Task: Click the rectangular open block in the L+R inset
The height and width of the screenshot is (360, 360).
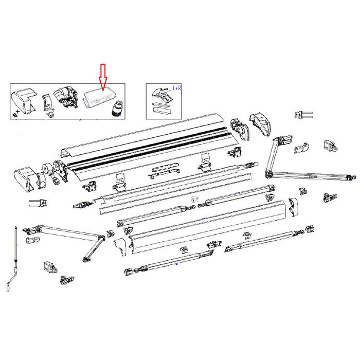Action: click(x=161, y=109)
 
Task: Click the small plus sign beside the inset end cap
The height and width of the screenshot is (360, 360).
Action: click(x=20, y=111)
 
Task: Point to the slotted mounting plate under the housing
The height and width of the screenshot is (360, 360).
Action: click(x=164, y=171)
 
